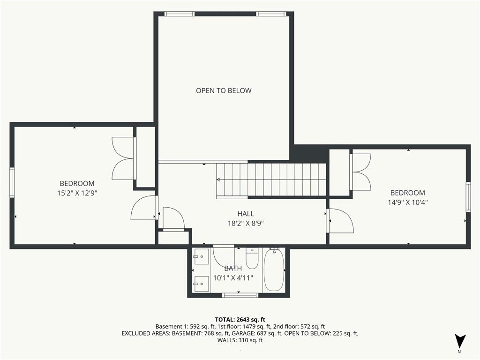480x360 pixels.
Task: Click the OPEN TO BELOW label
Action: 224,90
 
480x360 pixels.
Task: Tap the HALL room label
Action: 246,214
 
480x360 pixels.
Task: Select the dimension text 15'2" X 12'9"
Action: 77,193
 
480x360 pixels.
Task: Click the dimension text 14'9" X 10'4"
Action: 407,202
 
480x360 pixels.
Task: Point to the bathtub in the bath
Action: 274,270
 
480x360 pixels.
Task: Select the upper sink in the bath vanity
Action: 202,257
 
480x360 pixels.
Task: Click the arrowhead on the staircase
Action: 218,179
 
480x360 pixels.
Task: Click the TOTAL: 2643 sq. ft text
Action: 240,319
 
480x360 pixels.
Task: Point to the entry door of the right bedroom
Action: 340,221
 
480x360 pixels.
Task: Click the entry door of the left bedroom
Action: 144,208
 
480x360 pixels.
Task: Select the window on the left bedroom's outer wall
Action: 12,182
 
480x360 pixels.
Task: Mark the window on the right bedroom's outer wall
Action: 468,197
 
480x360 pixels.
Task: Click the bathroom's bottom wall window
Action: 240,295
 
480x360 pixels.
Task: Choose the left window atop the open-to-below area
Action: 179,14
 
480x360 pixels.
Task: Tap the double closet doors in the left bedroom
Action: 123,158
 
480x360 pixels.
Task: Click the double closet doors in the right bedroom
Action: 360,172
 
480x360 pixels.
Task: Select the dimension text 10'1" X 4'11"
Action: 233,277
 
